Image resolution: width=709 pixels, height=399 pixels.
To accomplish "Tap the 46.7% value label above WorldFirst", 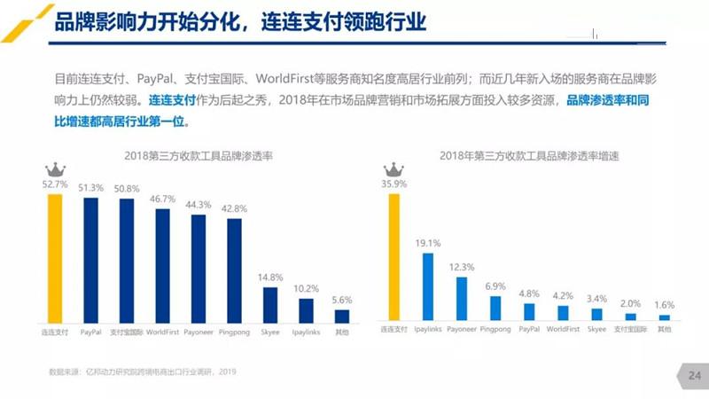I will (162, 200).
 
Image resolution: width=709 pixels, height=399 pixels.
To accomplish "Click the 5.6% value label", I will (341, 300).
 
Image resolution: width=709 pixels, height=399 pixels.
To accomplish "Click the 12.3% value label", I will (462, 267).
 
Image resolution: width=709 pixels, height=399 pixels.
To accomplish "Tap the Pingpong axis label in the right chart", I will (495, 329).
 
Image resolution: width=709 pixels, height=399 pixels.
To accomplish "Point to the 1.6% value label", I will (664, 304).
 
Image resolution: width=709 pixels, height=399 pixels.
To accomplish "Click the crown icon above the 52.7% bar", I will (55, 169).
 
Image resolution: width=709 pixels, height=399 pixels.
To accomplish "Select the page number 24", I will (694, 377).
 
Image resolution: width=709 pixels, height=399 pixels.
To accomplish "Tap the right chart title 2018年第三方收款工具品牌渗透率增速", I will (530, 156).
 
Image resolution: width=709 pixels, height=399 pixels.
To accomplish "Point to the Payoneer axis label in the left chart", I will (199, 332).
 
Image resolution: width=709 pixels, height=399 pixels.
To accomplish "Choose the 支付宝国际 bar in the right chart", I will (630, 316).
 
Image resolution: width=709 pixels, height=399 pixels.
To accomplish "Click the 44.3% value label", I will (198, 205).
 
